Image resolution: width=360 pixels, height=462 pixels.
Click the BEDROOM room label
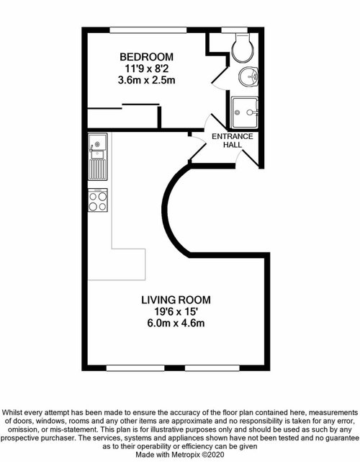(146, 56)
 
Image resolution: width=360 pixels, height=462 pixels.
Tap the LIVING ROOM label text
(176, 300)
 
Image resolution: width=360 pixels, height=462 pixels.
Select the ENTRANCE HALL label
(233, 141)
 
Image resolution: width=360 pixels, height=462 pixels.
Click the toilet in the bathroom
(243, 47)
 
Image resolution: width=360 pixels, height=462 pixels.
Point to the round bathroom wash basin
(248, 77)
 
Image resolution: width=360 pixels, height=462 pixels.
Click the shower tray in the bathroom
(245, 112)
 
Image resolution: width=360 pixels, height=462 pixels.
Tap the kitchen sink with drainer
(97, 156)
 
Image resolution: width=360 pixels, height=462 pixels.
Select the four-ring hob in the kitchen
(98, 200)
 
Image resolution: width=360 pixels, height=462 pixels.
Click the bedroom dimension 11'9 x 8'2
(147, 69)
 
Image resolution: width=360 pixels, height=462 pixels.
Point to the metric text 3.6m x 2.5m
(147, 80)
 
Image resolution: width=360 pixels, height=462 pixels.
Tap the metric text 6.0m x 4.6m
(176, 323)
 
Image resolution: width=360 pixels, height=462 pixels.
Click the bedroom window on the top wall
(148, 30)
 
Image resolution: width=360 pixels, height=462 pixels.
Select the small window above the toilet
(235, 30)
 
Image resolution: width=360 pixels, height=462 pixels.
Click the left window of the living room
(135, 368)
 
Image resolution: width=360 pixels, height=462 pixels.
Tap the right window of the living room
(212, 368)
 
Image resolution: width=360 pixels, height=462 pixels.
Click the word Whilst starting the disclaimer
(12, 412)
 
